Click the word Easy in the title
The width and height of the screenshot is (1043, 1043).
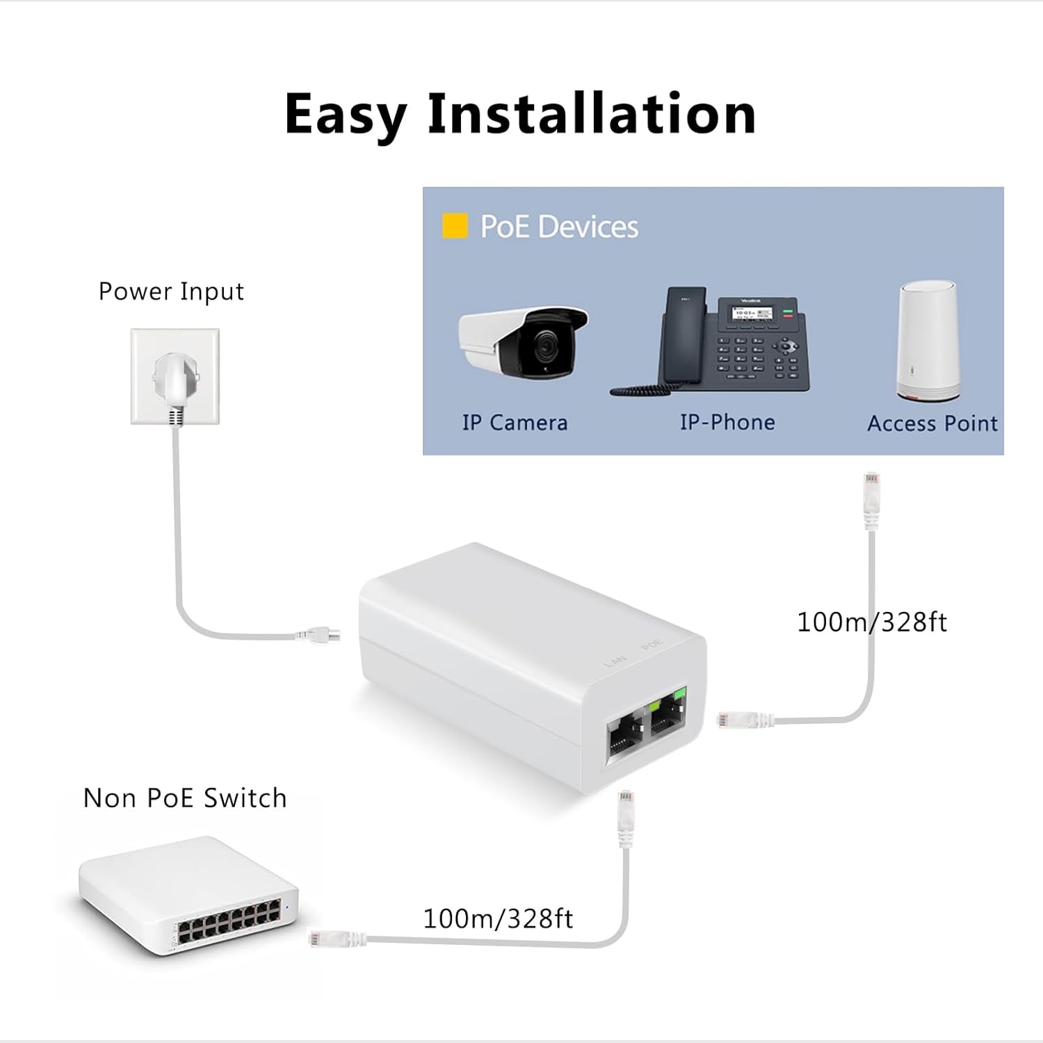tap(346, 115)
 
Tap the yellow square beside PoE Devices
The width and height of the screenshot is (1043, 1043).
tap(455, 227)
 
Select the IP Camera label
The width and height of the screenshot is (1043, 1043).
tap(515, 423)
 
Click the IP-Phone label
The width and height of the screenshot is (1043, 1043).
tap(727, 422)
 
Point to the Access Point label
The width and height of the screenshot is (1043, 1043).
tap(932, 423)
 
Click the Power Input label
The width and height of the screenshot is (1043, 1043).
tap(171, 291)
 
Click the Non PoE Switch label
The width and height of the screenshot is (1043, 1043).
tap(185, 798)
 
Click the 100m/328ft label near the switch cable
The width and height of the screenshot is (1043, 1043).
tap(498, 919)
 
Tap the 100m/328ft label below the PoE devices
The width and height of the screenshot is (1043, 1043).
tap(871, 622)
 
